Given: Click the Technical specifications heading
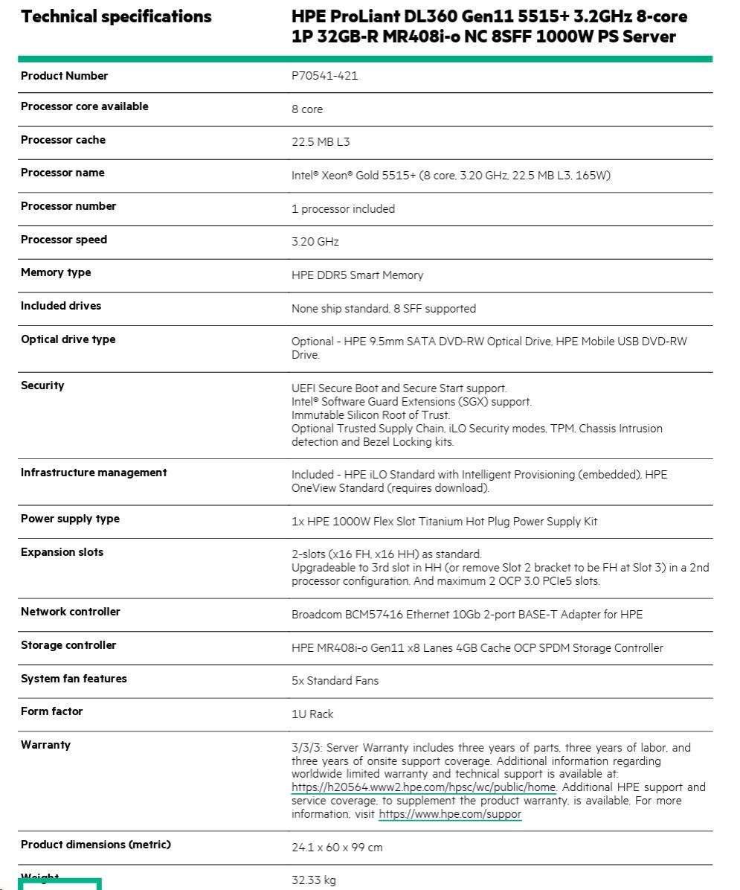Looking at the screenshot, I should click(x=116, y=16).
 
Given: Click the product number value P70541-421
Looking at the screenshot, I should click(x=324, y=76).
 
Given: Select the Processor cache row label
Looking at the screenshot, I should click(x=63, y=140).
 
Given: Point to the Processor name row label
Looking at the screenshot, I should click(x=62, y=173).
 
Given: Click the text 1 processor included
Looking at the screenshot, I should click(x=343, y=209).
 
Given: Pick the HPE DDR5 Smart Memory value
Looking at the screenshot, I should click(x=357, y=275).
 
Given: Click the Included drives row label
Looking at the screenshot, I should click(x=61, y=306).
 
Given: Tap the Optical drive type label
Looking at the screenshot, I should click(x=68, y=339).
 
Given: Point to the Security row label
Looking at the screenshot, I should click(x=42, y=385).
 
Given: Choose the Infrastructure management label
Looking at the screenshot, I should click(x=94, y=473).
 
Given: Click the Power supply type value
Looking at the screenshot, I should click(x=444, y=522).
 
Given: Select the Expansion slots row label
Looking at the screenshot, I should click(x=62, y=552).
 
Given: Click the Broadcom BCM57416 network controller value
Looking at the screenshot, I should click(x=467, y=615).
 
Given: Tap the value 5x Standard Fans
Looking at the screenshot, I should click(x=335, y=681).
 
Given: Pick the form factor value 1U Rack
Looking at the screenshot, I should click(x=312, y=714).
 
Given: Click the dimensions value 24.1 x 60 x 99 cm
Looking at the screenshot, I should click(x=337, y=848).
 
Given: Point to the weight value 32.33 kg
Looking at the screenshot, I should click(x=313, y=881).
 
